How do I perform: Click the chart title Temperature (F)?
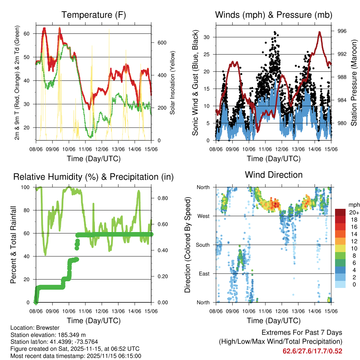(x=94, y=15)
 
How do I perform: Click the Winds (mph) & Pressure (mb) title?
(x=274, y=15)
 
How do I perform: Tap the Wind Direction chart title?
(x=274, y=174)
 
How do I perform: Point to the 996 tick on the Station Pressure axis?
(x=342, y=31)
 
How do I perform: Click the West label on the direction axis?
(x=204, y=216)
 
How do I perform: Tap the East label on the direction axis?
(x=204, y=274)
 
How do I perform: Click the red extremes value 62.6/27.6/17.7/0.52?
(x=312, y=351)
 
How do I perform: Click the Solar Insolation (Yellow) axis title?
(x=173, y=83)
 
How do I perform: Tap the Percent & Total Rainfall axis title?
(x=13, y=245)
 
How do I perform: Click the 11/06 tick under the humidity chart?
(x=85, y=311)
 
